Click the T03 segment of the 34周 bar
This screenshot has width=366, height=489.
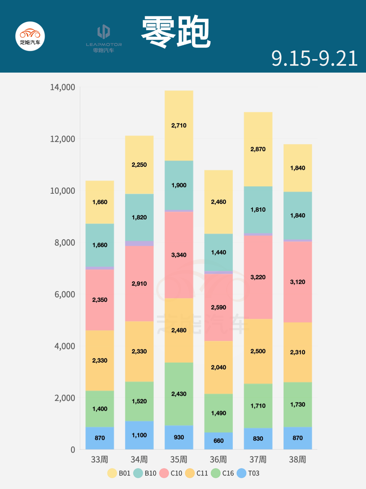139,435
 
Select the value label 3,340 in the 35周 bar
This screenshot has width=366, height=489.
179,255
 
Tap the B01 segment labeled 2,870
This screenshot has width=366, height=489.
258,149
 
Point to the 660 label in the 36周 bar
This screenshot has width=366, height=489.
218,441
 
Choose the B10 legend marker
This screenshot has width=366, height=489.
138,473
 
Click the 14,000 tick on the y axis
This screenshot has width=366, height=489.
63,87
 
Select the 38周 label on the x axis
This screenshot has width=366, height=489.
297,460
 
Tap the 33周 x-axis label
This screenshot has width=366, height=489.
100,460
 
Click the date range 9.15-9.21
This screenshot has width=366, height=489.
314,58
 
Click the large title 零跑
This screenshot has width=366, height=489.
176,32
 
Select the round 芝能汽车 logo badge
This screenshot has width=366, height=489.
30,37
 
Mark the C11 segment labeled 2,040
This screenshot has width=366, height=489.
218,368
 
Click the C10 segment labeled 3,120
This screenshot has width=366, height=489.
297,282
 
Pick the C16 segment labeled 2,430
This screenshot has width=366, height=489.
179,394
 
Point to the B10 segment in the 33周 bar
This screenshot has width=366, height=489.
100,245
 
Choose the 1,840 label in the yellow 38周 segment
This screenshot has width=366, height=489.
297,168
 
